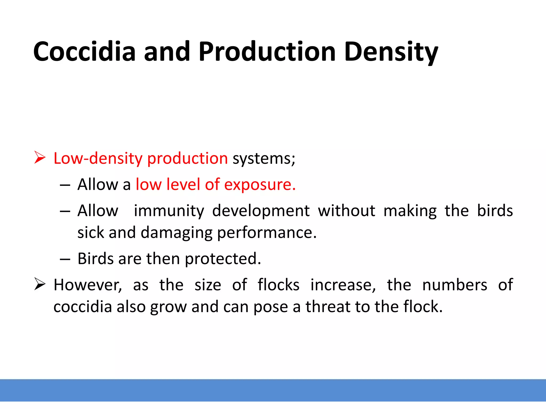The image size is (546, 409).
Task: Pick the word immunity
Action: click(x=169, y=211)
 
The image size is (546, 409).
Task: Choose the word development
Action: click(x=261, y=211)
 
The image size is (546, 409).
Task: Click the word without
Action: click(x=347, y=211)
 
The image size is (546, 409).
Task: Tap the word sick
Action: click(x=91, y=232)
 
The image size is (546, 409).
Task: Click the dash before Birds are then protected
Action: click(x=65, y=259)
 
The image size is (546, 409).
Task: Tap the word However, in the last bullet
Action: click(x=88, y=285)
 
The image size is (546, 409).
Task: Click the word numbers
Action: click(x=455, y=285)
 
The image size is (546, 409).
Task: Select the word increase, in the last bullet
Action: click(x=343, y=285)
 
